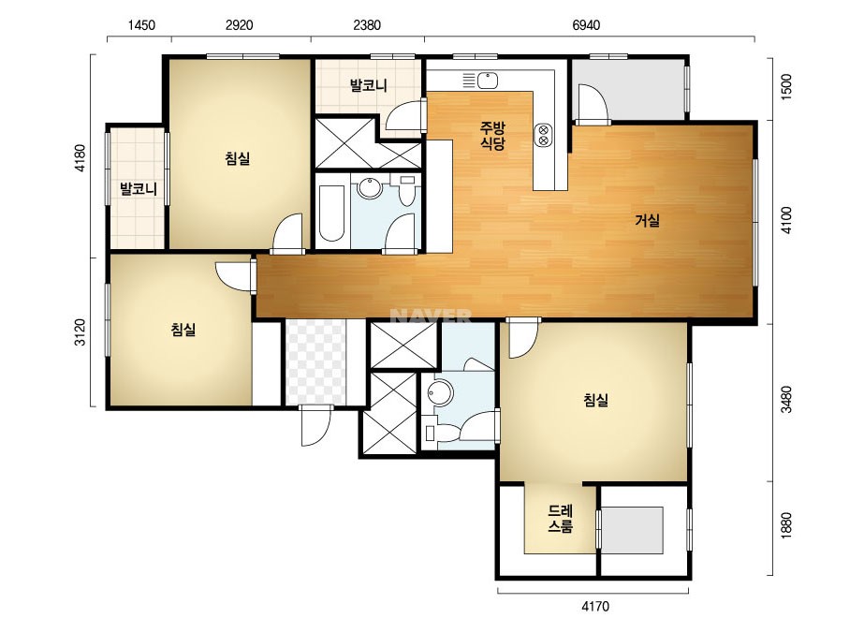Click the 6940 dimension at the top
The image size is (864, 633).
click(586, 25)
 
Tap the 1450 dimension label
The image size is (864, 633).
click(141, 25)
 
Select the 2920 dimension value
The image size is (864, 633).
click(239, 25)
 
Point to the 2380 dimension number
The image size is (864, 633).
click(367, 25)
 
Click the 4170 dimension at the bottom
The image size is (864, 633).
click(595, 607)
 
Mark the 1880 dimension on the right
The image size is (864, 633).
click(786, 525)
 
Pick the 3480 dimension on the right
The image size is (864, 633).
click(786, 399)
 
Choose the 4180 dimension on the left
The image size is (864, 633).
click(81, 157)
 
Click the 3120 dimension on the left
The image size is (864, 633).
click(81, 331)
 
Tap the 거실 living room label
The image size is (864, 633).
click(648, 221)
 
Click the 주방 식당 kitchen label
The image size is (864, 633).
click(492, 136)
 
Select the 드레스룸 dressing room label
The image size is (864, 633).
click(561, 519)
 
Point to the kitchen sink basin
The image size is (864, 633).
click(487, 81)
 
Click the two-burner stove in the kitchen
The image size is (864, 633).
click(543, 135)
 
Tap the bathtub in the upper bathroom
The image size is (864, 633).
click(331, 213)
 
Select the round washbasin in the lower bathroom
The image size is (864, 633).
click(440, 392)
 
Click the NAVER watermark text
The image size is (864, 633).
click(431, 316)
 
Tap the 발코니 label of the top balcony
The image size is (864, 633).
click(369, 85)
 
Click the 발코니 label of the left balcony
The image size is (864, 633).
click(139, 189)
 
